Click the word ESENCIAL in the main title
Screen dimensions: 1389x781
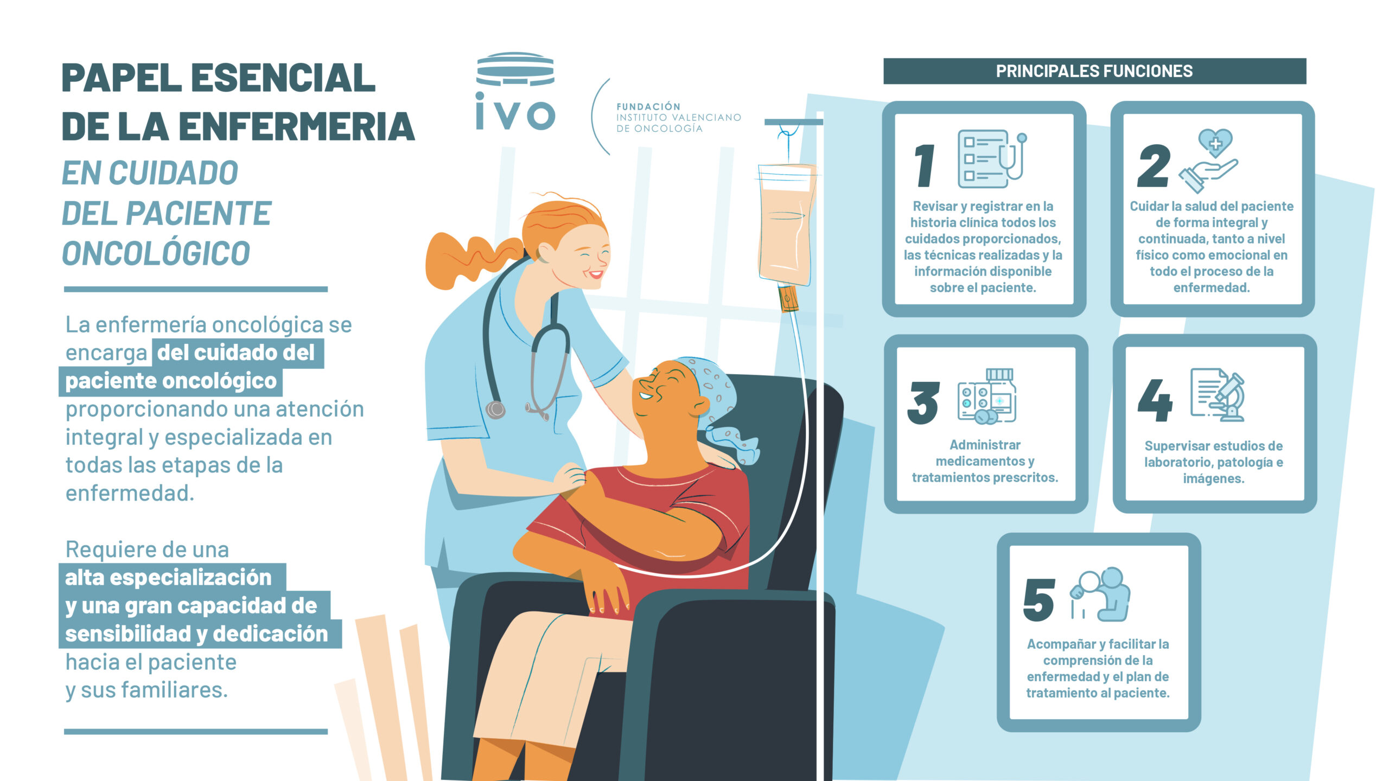point(283,78)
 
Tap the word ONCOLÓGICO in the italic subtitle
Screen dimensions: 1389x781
point(156,253)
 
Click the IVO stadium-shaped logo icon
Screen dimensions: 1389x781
point(515,69)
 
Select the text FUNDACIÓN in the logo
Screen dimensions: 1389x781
point(648,106)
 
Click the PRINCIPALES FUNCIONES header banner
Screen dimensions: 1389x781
point(1094,71)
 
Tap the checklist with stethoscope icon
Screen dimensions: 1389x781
point(992,158)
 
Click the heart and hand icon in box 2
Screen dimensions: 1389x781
point(1208,160)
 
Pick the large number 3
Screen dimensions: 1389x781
point(923,402)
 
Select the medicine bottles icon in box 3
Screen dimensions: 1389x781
point(987,396)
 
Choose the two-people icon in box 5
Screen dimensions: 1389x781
point(1100,594)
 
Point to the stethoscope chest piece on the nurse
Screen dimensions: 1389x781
point(495,409)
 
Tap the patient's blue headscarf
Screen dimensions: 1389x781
point(711,396)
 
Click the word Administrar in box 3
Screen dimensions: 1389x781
point(985,445)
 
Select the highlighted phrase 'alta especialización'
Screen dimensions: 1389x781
point(168,578)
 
